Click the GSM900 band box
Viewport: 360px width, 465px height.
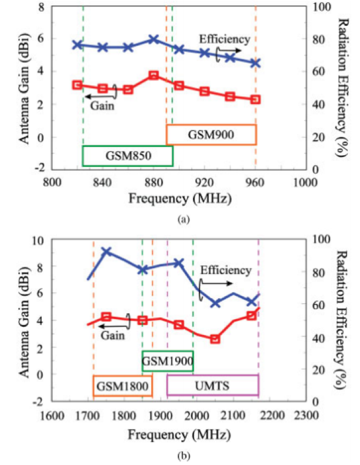click(x=211, y=135)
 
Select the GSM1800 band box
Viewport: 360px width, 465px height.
click(x=123, y=386)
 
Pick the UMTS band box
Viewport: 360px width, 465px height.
click(x=212, y=386)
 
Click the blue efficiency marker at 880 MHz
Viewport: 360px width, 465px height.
click(x=154, y=39)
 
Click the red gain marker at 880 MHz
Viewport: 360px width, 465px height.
click(x=154, y=75)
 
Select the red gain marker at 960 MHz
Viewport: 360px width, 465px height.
click(x=255, y=99)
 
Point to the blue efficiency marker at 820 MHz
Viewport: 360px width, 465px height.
click(x=77, y=45)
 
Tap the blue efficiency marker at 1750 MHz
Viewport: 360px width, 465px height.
click(x=106, y=252)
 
